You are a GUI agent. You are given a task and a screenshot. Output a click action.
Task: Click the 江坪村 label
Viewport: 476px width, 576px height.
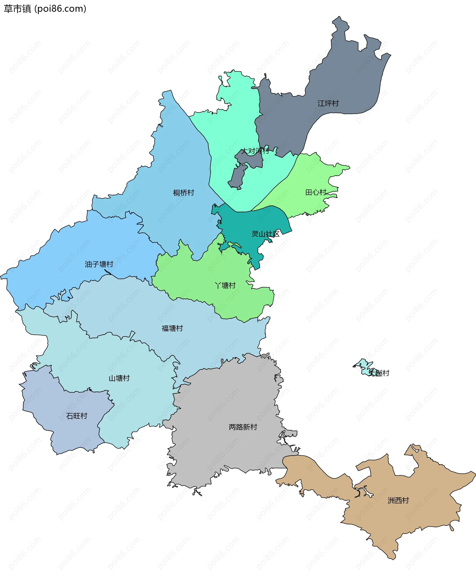pos(328,103)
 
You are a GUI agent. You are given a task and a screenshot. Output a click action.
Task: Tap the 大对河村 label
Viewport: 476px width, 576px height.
pos(255,151)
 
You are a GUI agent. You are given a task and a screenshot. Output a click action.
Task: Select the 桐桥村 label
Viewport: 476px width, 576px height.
pos(183,193)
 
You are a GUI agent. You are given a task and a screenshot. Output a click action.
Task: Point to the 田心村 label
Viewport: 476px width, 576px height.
pos(316,192)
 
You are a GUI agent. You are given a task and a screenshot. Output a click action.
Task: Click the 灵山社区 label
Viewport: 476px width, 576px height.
pos(265,234)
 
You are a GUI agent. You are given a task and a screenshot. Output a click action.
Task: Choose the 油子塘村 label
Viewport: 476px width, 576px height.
pos(99,264)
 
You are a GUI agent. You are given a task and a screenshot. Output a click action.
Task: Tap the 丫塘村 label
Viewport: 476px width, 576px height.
pos(225,286)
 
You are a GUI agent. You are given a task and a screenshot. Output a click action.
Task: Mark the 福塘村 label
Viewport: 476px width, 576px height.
pos(172,328)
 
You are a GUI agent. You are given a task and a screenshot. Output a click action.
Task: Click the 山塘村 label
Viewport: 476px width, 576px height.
pos(119,378)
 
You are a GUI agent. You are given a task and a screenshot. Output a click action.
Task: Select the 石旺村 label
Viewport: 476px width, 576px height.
pos(77,416)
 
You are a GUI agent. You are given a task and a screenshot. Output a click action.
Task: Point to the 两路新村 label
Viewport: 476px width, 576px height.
pos(243,427)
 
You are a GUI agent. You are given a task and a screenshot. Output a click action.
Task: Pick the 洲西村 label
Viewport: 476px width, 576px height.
pos(398,501)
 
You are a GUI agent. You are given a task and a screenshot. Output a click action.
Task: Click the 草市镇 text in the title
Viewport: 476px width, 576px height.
pos(17,9)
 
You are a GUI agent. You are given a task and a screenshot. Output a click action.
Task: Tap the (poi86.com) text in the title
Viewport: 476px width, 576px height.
pos(60,9)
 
